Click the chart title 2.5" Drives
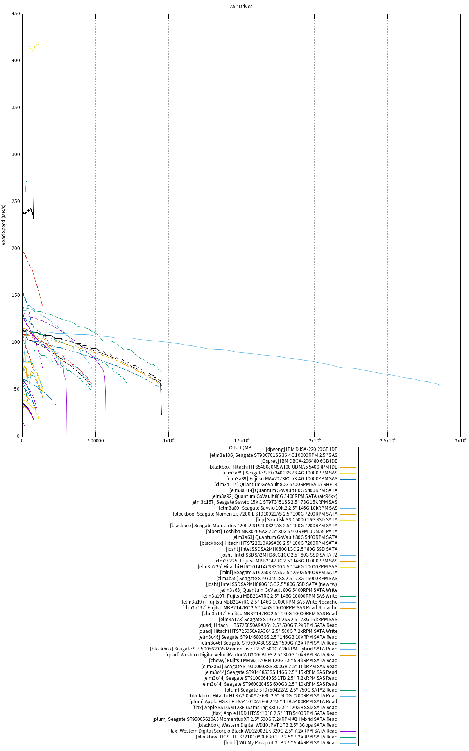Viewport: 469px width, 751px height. click(241, 7)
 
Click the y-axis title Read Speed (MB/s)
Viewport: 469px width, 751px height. click(4, 225)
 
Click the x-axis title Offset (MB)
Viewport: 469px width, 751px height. click(241, 447)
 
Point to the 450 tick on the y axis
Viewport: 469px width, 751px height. click(16, 14)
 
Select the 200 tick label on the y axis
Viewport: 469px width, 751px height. click(16, 249)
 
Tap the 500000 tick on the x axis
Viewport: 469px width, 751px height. click(95, 440)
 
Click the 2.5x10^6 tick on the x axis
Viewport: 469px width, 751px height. click(387, 440)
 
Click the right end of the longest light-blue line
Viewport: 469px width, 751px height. click(440, 385)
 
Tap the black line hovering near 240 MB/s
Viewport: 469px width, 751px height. click(27, 211)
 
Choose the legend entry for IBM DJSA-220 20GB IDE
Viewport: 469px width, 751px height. click(301, 449)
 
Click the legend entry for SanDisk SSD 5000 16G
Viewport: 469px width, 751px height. click(302, 520)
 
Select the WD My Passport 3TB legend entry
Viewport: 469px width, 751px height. click(280, 743)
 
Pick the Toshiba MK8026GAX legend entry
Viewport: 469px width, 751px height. click(272, 532)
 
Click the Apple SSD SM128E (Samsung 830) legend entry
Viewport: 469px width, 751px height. click(265, 708)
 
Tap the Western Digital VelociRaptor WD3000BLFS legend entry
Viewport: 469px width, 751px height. click(251, 655)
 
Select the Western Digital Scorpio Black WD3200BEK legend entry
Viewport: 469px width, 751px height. click(252, 731)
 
